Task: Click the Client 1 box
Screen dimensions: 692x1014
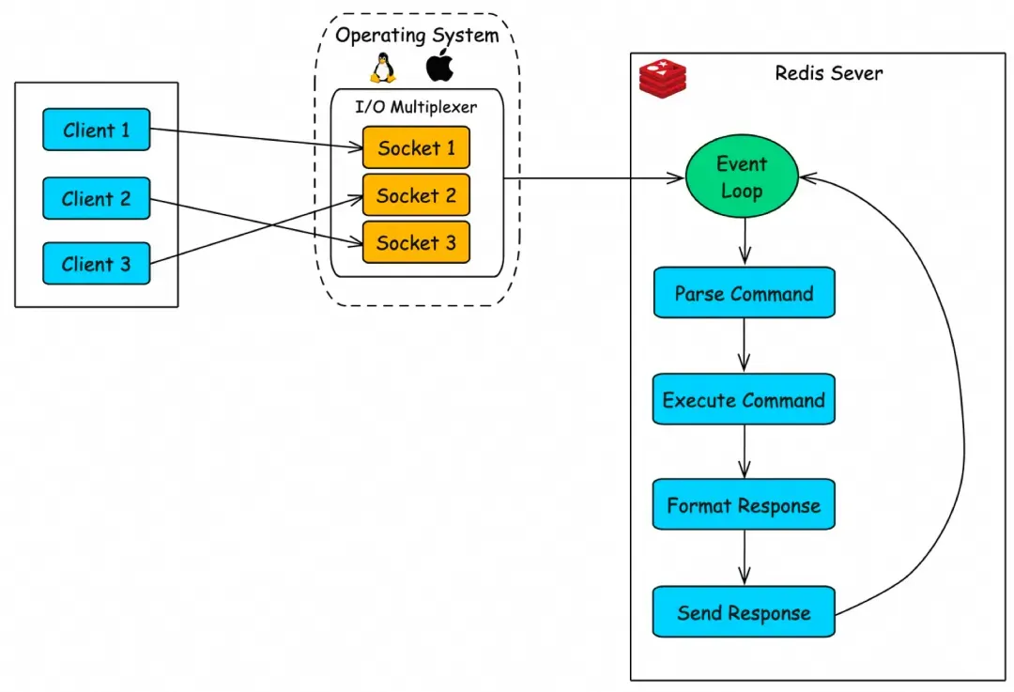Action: click(x=97, y=130)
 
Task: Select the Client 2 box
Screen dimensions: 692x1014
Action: click(x=97, y=198)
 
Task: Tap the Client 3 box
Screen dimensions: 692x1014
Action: click(x=97, y=264)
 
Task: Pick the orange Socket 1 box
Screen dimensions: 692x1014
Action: click(x=416, y=147)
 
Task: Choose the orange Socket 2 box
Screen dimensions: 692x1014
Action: click(x=416, y=195)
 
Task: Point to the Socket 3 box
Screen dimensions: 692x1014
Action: click(x=416, y=242)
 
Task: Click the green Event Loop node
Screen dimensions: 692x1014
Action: click(x=742, y=177)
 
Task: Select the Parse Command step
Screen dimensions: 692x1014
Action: click(x=744, y=293)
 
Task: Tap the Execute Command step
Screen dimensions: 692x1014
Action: click(x=744, y=400)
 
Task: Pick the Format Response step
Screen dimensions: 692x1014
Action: click(x=744, y=506)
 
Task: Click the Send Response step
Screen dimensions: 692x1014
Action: click(x=744, y=613)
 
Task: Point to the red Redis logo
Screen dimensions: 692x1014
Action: click(x=663, y=76)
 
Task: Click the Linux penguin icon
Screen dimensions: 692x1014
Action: click(x=381, y=69)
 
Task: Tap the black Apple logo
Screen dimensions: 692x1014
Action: click(x=438, y=68)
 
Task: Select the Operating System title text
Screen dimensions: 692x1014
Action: click(x=417, y=36)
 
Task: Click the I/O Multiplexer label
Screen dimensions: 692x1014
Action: click(x=417, y=107)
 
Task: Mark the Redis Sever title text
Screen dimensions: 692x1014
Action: click(x=829, y=73)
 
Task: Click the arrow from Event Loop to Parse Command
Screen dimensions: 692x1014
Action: click(x=745, y=242)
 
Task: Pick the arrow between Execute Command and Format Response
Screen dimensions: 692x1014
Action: click(x=745, y=454)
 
